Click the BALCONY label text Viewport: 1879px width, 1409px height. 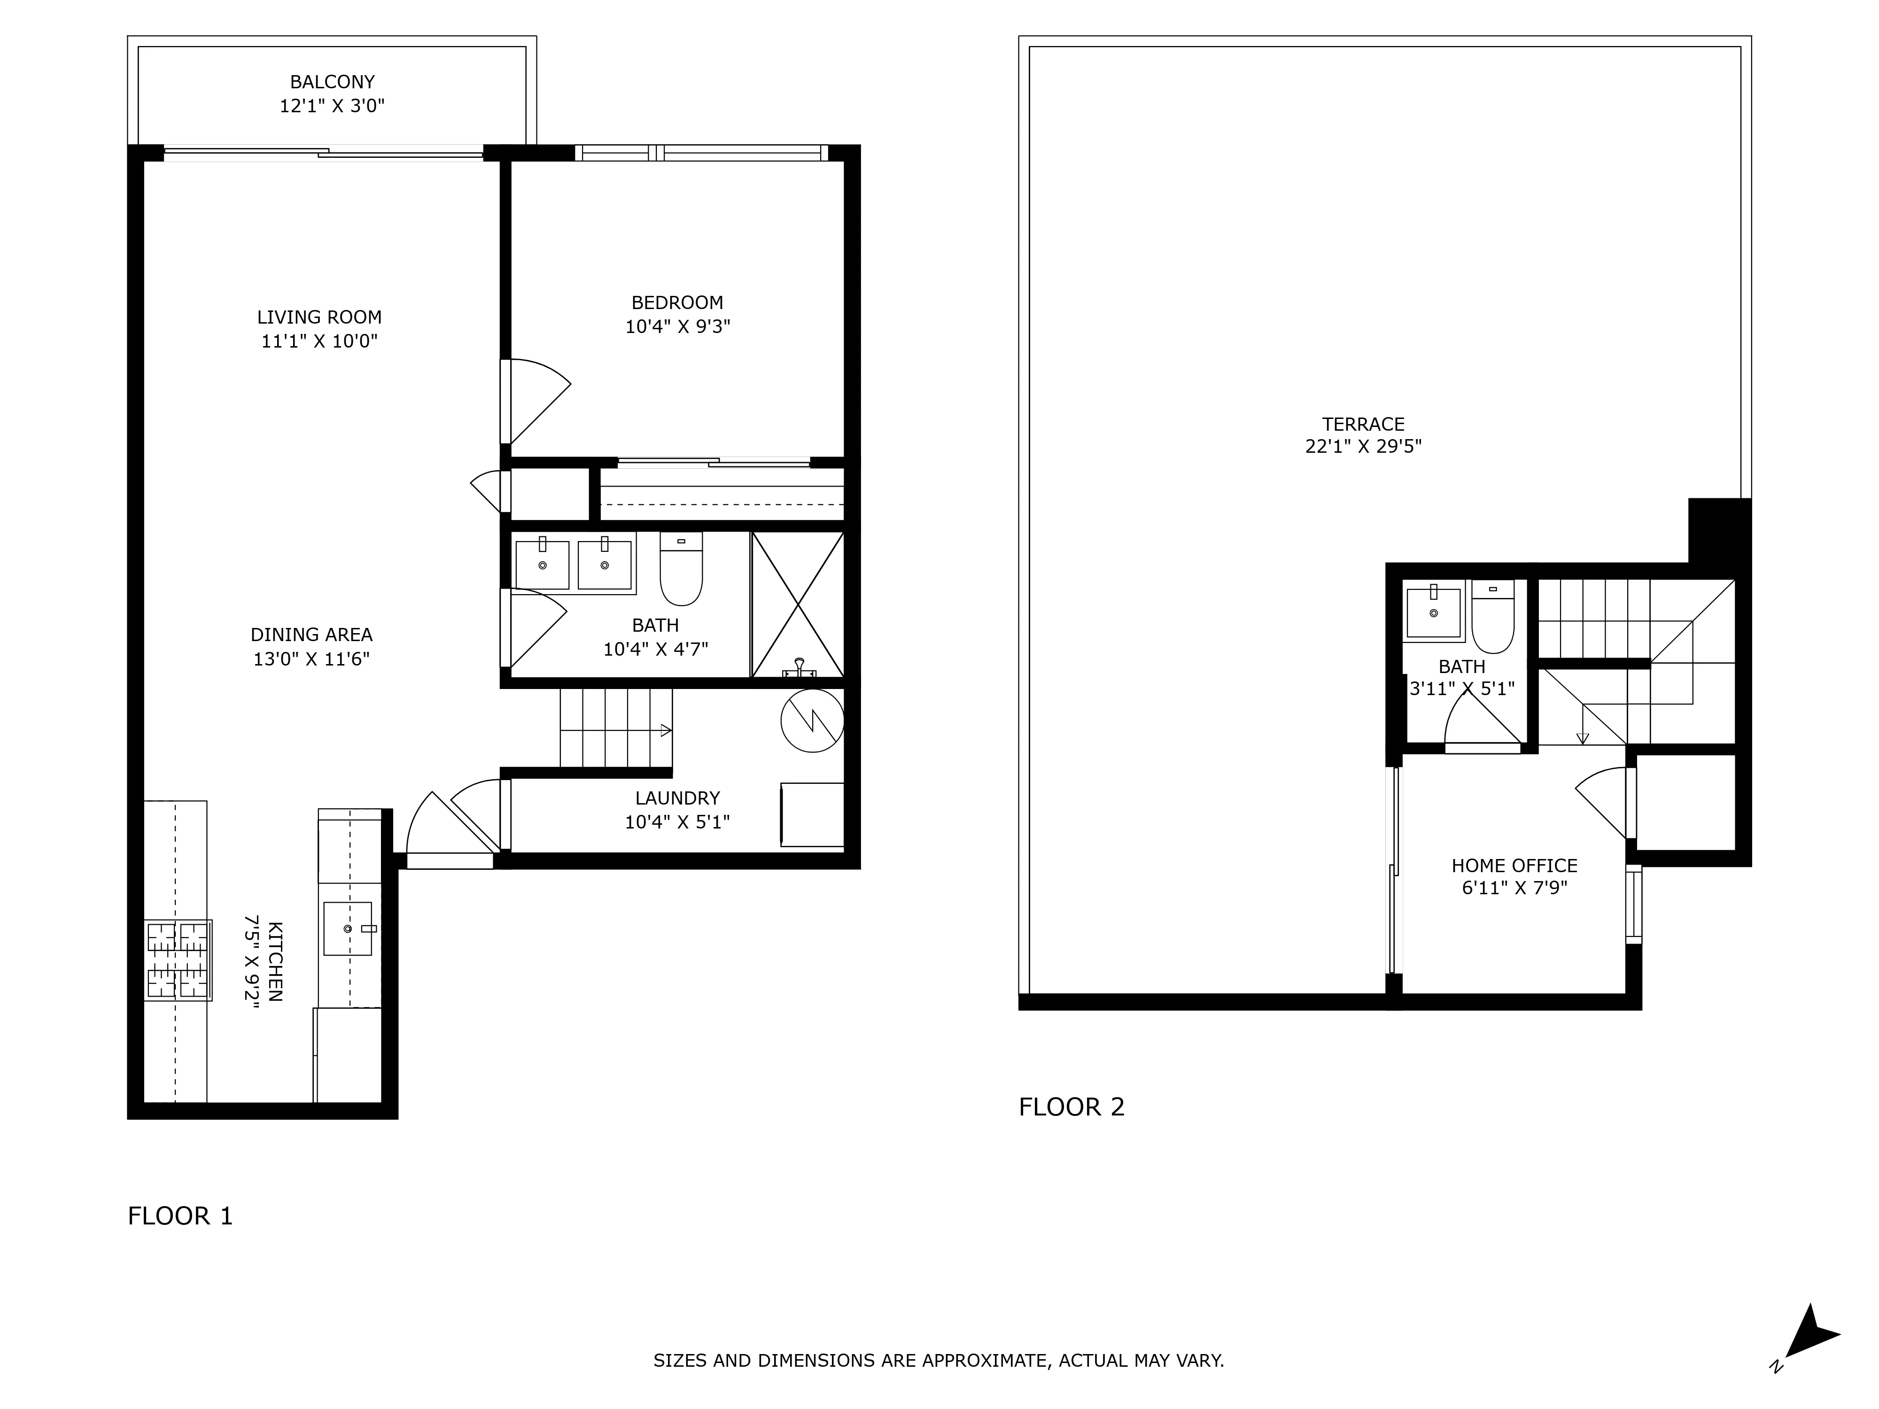[332, 82]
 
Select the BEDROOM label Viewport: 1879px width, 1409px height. [677, 302]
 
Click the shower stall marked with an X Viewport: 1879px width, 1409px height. [798, 604]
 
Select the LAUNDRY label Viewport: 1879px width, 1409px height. [677, 798]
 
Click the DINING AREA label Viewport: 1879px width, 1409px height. [312, 635]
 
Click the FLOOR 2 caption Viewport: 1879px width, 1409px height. [1071, 1107]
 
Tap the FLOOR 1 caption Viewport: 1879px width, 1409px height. [180, 1216]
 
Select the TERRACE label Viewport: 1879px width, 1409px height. [1363, 424]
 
